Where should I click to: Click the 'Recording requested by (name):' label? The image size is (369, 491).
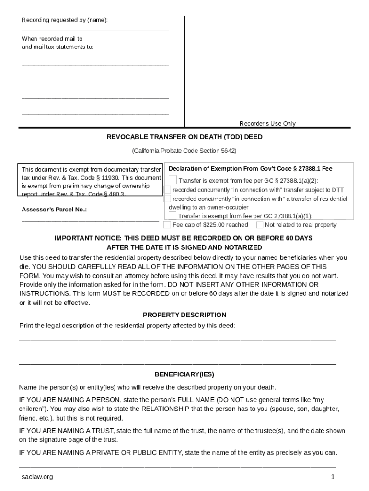tap(65, 20)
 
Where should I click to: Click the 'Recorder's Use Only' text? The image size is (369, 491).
tap(267, 123)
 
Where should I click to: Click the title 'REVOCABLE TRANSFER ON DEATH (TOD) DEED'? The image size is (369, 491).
tap(184, 137)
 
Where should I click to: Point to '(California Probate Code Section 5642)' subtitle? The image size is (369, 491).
tap(184, 151)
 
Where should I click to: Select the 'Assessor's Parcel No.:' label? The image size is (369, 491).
tap(54, 210)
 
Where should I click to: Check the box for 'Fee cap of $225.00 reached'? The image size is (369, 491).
tap(167, 224)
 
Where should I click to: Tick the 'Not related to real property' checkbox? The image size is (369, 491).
tap(259, 224)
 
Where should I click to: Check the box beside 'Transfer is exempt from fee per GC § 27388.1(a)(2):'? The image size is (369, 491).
tap(173, 180)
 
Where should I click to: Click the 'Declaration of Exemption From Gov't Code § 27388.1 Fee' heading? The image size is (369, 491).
tap(250, 168)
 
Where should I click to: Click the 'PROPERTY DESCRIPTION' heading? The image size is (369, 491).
tap(184, 315)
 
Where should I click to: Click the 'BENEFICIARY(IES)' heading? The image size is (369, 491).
tap(184, 374)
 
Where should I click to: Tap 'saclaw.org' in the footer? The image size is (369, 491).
tap(37, 477)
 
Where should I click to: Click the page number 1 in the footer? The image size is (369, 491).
tap(332, 477)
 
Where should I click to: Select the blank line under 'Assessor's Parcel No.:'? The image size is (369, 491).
tap(90, 220)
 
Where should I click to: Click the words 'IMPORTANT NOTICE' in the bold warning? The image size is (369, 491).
tap(84, 238)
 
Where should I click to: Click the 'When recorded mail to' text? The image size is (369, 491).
tap(52, 39)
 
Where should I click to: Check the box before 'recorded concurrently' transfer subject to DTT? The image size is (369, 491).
tap(167, 189)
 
